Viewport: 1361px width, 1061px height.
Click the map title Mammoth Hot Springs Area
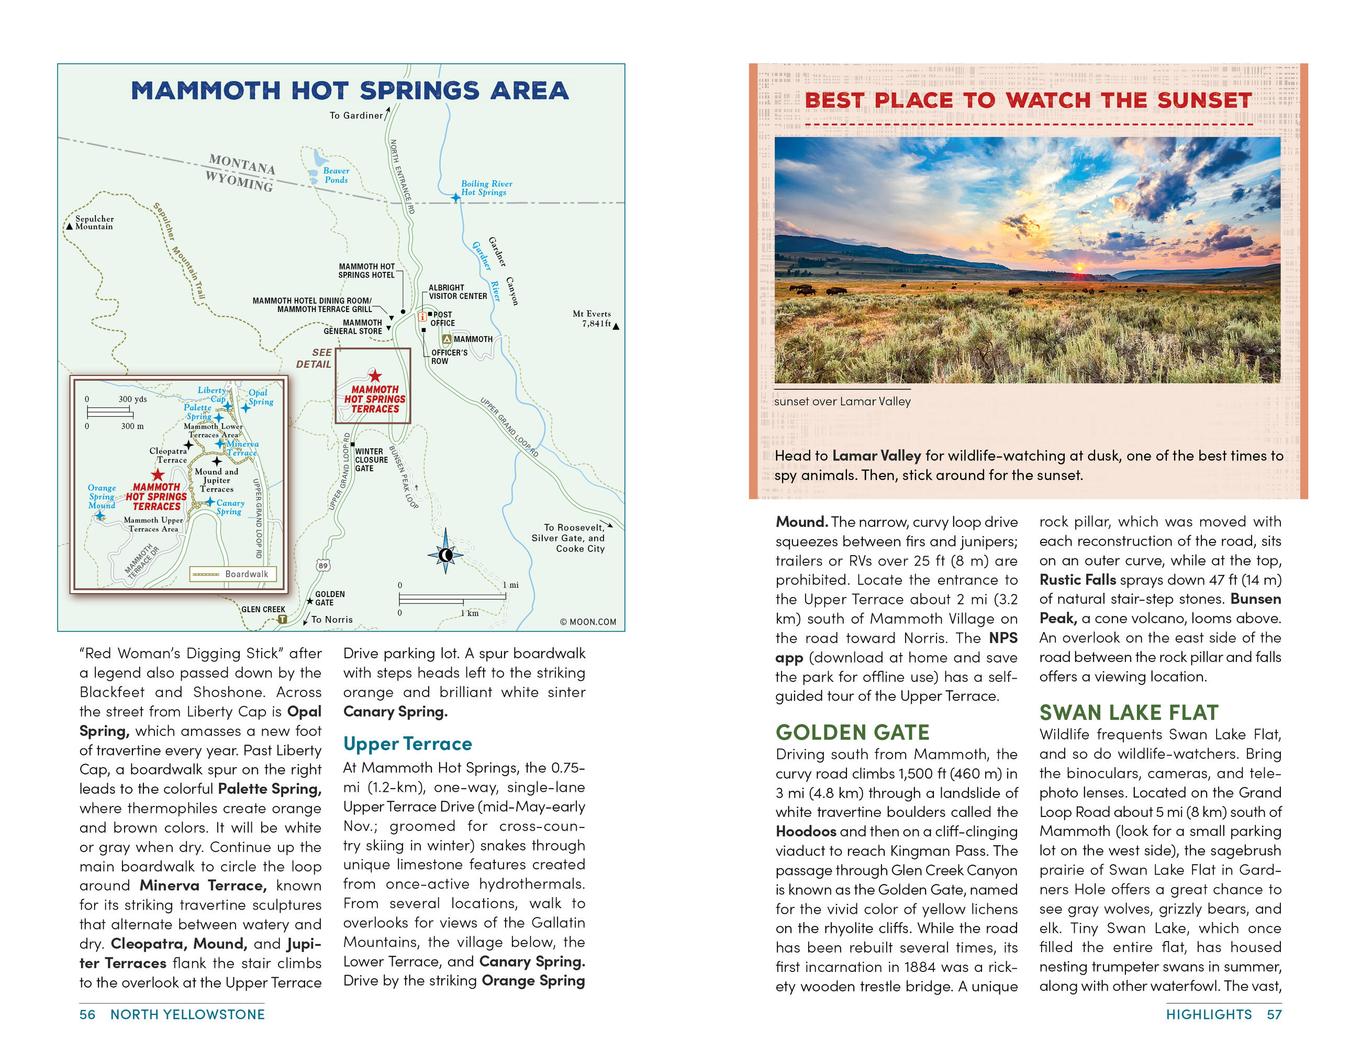tap(350, 91)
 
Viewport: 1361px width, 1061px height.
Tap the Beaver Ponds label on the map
tap(336, 175)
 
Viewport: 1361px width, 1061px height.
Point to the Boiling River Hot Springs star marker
tap(455, 197)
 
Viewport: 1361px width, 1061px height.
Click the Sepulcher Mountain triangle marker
tap(69, 226)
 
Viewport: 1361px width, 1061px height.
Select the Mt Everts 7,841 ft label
tap(592, 318)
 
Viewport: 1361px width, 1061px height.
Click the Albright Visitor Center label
tap(458, 292)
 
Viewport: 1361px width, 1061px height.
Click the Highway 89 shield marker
tap(322, 566)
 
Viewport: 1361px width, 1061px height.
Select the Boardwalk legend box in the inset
tap(233, 573)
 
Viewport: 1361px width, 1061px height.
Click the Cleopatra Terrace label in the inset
tap(168, 455)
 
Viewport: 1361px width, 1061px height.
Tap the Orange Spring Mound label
tap(102, 496)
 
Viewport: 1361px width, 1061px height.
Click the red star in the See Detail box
tap(374, 376)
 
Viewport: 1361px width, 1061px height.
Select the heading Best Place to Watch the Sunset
tap(1028, 101)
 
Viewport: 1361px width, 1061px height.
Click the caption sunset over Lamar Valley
tap(842, 402)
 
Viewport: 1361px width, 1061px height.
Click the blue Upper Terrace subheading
tap(408, 744)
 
